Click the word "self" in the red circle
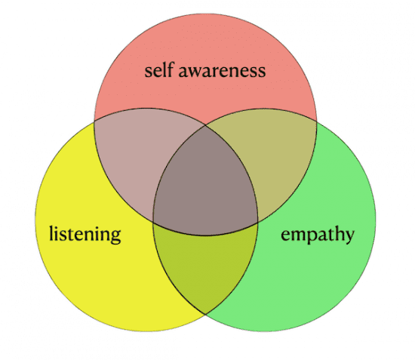158,70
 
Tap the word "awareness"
223,72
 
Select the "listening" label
85,234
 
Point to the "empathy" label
318,235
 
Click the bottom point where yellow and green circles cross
205,314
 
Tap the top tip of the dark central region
205,125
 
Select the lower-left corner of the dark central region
153,222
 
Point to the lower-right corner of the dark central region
257,223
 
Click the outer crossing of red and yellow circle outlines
94,122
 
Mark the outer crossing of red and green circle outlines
316,122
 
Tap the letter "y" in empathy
349,236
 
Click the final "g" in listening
115,236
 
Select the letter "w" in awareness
195,72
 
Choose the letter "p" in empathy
310,236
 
